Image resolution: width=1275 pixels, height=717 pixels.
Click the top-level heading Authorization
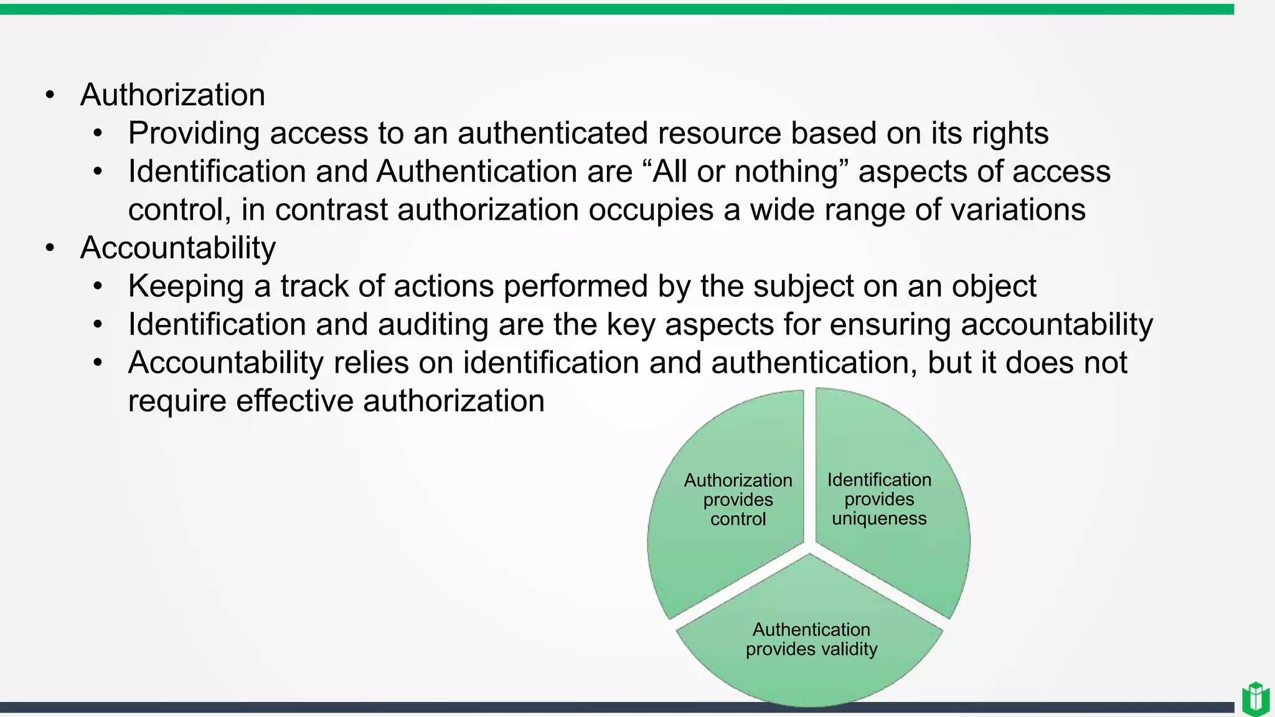coord(172,95)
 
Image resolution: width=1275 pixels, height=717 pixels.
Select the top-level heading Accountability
coord(177,248)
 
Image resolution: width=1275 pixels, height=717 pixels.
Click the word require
coord(177,401)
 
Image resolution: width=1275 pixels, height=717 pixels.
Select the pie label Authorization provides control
coord(738,500)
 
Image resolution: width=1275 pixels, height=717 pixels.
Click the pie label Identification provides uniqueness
coord(879,499)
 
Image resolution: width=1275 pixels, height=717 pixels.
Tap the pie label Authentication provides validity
coord(811,639)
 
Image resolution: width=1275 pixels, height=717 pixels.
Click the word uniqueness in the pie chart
coord(879,518)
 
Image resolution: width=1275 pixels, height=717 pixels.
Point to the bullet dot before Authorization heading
coord(50,96)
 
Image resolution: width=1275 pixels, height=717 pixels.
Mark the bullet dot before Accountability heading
coord(50,248)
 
